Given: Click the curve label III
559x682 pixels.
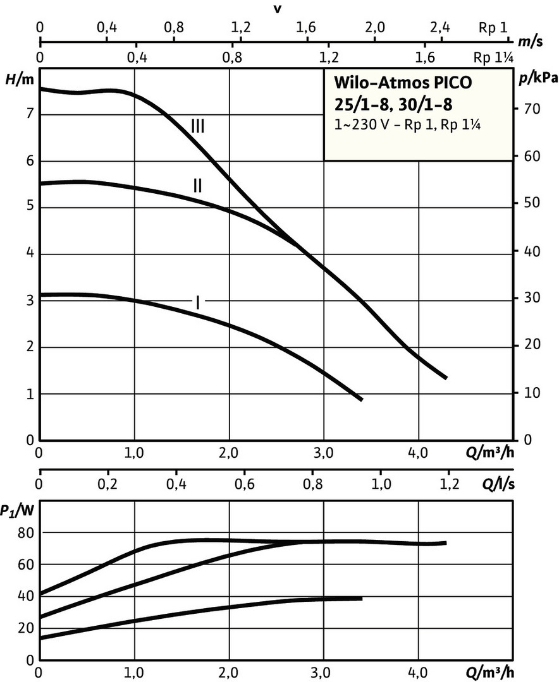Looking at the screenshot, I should (x=198, y=126).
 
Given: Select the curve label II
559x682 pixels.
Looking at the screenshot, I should (x=198, y=185).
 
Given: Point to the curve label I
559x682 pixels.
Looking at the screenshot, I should (x=198, y=302).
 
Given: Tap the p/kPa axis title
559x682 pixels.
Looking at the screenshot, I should (x=537, y=78).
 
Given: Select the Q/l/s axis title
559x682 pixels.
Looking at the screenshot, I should (x=499, y=485).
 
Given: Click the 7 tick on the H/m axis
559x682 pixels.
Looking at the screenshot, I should (x=28, y=114).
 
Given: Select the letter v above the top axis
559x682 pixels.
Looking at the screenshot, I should (x=276, y=8).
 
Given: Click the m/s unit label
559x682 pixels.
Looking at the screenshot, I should (x=527, y=42).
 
